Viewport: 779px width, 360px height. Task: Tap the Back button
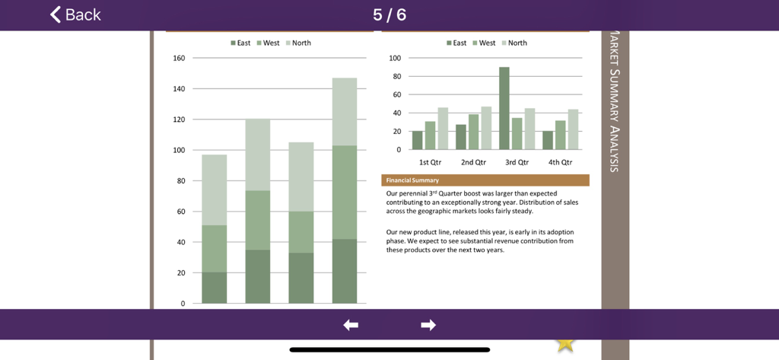pyautogui.click(x=75, y=14)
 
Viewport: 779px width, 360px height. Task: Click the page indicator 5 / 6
pyautogui.click(x=389, y=14)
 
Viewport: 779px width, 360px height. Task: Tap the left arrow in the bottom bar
pyautogui.click(x=351, y=325)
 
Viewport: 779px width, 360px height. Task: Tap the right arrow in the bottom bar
pyautogui.click(x=428, y=325)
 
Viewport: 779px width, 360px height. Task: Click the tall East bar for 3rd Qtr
pyautogui.click(x=504, y=108)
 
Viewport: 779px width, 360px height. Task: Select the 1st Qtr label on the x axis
pyautogui.click(x=430, y=162)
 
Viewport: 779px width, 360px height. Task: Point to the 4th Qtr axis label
pyautogui.click(x=561, y=162)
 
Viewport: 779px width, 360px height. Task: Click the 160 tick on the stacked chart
pyautogui.click(x=179, y=58)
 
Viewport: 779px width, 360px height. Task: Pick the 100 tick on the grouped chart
pyautogui.click(x=395, y=58)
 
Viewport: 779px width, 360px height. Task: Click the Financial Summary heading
pyautogui.click(x=412, y=180)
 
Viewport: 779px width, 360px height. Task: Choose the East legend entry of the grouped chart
pyautogui.click(x=456, y=43)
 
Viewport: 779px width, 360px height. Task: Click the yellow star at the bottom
pyautogui.click(x=565, y=344)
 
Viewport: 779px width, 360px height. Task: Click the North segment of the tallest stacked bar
pyautogui.click(x=345, y=111)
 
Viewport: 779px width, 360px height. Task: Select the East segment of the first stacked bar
pyautogui.click(x=215, y=288)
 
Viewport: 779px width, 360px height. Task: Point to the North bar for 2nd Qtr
pyautogui.click(x=486, y=128)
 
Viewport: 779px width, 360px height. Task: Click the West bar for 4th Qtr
pyautogui.click(x=561, y=135)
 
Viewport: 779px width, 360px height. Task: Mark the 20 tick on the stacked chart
pyautogui.click(x=181, y=272)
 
